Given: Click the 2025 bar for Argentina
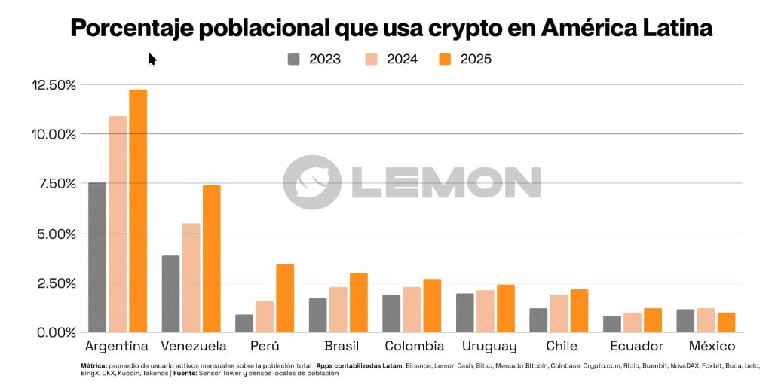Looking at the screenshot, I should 138,211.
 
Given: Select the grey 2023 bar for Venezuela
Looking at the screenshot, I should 170,294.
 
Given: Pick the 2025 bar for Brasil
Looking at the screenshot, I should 358,302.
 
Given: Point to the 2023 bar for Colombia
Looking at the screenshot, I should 391,313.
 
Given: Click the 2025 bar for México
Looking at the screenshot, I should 726,322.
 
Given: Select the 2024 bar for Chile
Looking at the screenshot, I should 559,313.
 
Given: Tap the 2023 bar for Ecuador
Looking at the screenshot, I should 612,324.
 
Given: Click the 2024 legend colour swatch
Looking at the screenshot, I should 372,60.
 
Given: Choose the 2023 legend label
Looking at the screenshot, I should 325,60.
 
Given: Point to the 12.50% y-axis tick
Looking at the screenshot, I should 54,85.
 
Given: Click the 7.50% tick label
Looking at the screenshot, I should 54,184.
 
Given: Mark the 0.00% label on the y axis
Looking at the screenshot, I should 54,332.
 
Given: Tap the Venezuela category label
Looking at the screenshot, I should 194,347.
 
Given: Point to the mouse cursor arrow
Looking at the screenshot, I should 151,58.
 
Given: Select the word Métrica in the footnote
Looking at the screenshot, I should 94,365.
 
